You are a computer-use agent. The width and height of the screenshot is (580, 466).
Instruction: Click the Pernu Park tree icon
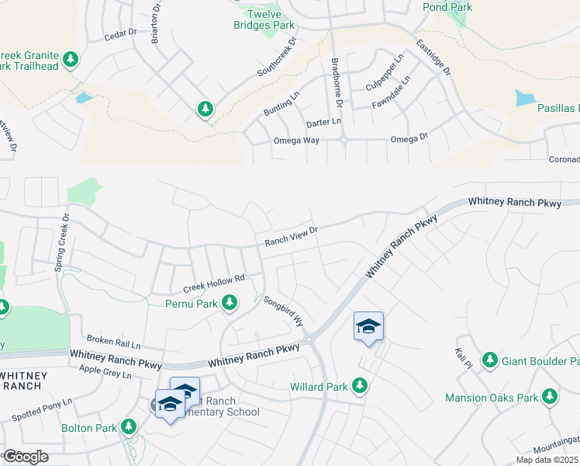point(230,303)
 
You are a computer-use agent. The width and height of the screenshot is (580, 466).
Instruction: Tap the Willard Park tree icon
point(359,385)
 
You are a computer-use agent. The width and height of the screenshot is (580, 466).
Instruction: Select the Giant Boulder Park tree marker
point(489,360)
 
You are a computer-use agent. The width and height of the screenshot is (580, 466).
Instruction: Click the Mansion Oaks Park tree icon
point(550,397)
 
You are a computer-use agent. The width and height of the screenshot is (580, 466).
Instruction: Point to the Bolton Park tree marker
point(129,427)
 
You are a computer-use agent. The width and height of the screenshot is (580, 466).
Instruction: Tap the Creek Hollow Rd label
point(214,282)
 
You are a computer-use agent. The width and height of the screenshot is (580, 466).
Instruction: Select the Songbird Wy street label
point(281,311)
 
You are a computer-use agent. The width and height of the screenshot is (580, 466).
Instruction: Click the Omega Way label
point(296,141)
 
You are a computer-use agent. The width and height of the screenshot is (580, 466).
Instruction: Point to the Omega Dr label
point(409,139)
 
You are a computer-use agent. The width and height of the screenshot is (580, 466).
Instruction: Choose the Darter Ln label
point(323,122)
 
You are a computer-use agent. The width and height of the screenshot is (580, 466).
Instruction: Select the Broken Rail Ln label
point(113,342)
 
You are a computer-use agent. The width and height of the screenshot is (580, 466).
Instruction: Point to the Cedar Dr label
point(120,33)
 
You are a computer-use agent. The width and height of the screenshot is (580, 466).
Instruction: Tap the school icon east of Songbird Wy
point(369,325)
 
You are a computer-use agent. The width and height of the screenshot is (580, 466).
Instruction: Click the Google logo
point(26,457)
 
